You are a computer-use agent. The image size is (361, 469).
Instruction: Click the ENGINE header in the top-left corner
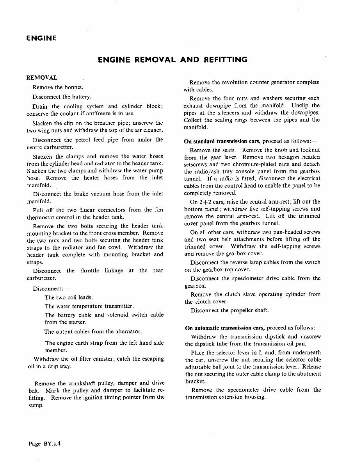[x=41, y=38]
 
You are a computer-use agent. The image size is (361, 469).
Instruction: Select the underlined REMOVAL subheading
[x=41, y=78]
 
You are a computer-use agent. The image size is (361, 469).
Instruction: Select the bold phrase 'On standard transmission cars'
[x=222, y=141]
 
